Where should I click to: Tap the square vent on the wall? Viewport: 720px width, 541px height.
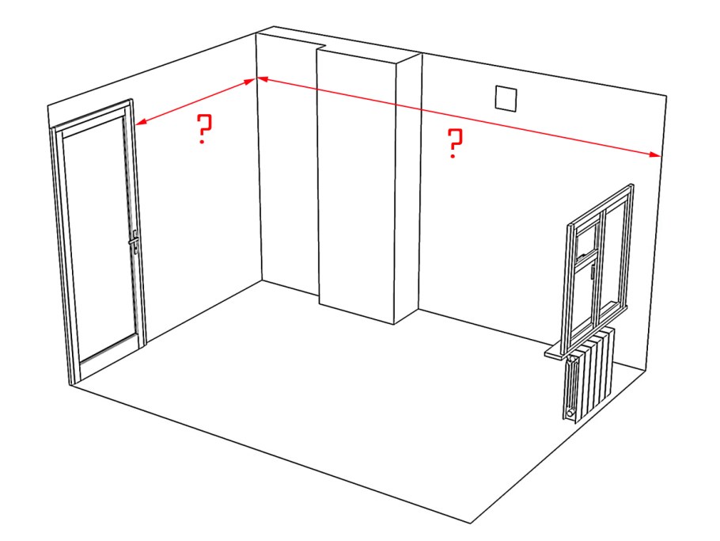pos(506,99)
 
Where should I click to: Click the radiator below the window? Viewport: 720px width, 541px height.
pos(589,373)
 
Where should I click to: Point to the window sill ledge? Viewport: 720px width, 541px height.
pos(565,349)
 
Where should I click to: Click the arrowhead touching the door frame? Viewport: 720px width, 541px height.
pos(141,122)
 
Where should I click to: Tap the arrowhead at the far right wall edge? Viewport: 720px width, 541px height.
pos(655,155)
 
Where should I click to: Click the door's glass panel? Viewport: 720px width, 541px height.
pos(98,238)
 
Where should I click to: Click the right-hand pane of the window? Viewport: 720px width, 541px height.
pos(616,257)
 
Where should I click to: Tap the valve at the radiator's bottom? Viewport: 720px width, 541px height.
pos(570,413)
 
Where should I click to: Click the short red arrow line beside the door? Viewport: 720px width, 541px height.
pos(196,101)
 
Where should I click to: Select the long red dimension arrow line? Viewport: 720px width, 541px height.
pos(459,117)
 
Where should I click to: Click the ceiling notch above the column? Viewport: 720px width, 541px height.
pos(322,47)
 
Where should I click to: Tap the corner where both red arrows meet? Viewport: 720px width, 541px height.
pos(256,79)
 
